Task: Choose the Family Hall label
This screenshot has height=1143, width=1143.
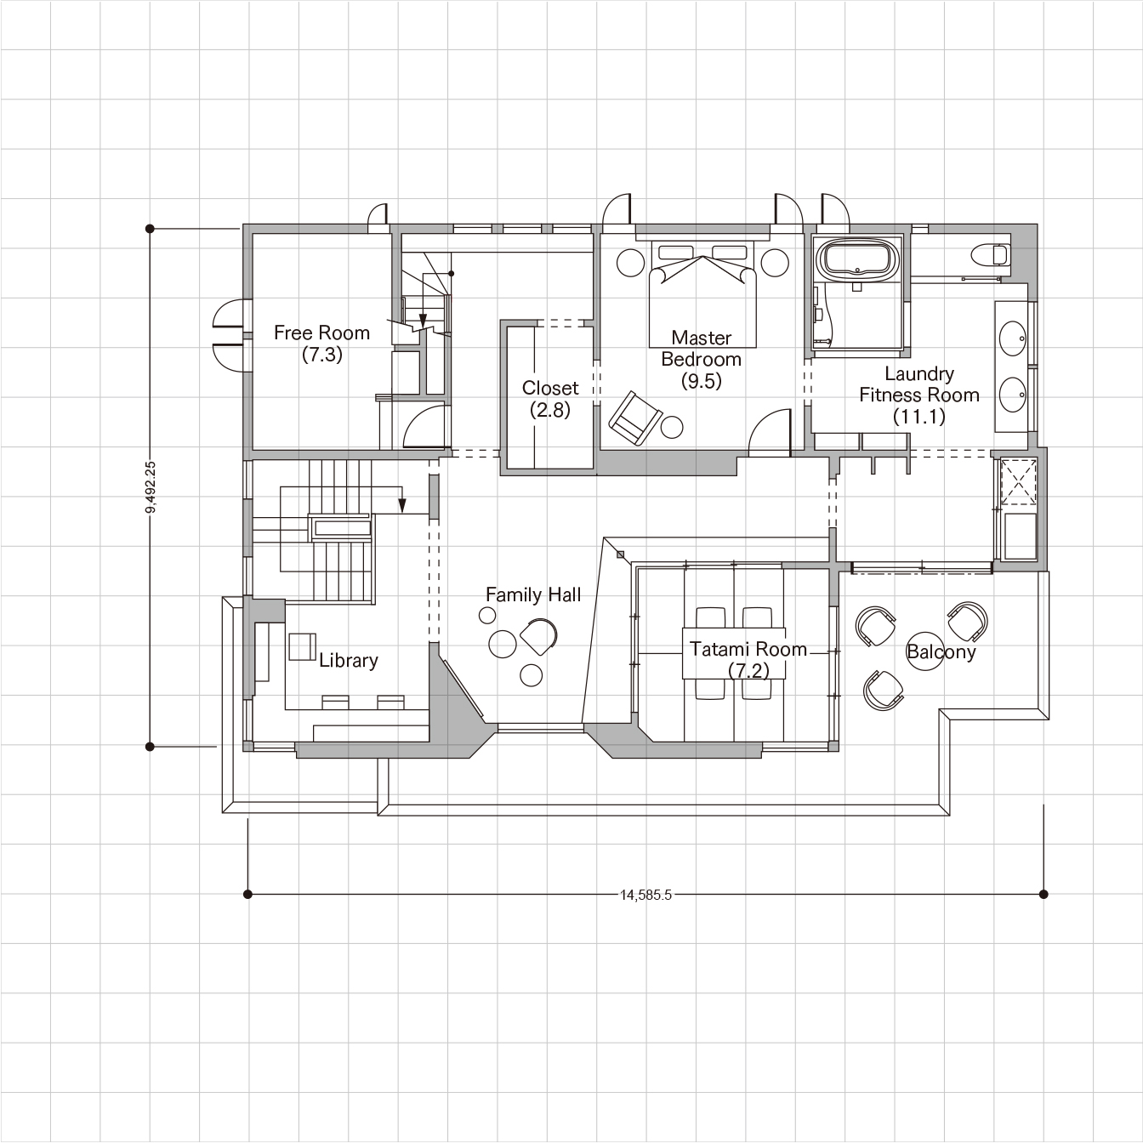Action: (533, 595)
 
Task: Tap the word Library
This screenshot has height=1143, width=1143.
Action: (348, 661)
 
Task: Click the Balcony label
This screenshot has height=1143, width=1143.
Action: (941, 652)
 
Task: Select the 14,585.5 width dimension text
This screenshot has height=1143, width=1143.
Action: (646, 895)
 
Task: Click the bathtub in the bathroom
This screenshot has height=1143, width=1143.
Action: (858, 259)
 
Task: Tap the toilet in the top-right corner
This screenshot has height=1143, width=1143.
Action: (990, 256)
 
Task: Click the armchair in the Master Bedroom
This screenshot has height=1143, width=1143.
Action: (634, 418)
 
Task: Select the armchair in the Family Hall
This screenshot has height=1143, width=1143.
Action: (539, 636)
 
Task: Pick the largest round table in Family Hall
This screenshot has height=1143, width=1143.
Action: (503, 643)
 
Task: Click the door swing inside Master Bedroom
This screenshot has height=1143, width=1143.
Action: (770, 432)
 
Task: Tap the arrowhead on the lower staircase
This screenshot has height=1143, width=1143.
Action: (402, 505)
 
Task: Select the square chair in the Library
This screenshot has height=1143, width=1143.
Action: (303, 646)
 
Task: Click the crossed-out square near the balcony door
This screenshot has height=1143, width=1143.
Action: (1019, 481)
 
